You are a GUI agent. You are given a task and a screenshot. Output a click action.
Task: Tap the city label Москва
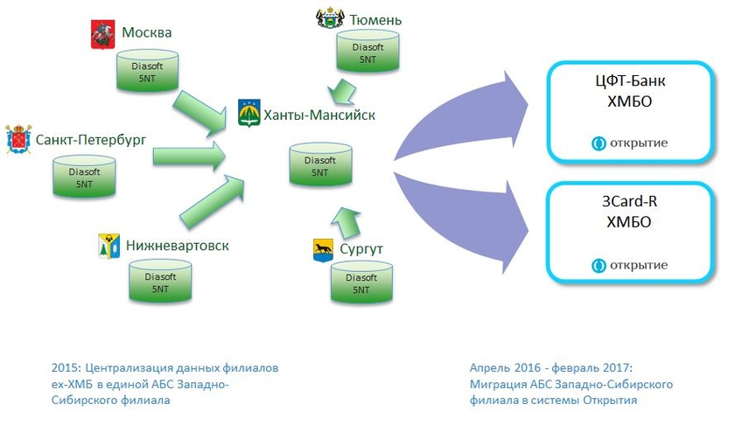146,34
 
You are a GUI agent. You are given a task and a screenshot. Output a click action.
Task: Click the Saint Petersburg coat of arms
17,140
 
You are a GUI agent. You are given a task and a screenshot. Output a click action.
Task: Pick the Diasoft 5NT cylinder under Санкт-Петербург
84,178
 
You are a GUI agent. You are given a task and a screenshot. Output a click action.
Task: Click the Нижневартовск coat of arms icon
108,247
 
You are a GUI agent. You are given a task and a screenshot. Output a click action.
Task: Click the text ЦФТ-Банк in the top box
629,83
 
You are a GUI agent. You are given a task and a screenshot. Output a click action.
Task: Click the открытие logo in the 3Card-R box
630,265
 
